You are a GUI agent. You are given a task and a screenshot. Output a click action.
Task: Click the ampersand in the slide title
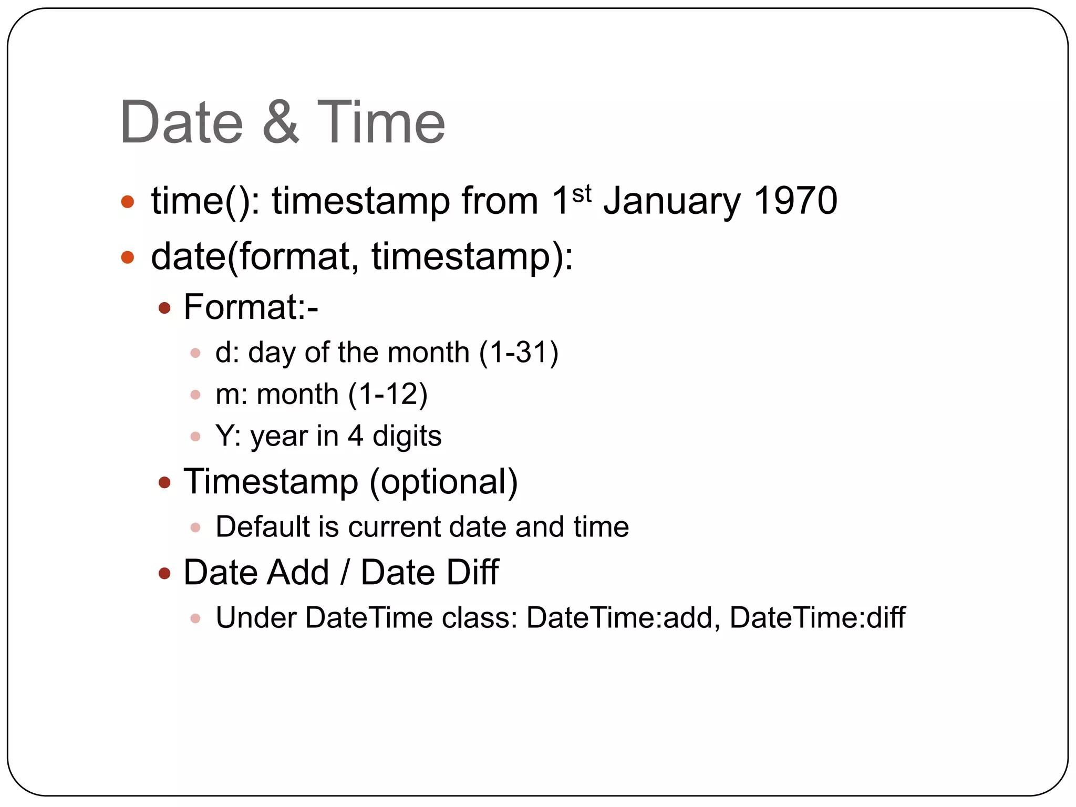[281, 122]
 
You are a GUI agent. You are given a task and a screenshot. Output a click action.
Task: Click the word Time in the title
[381, 122]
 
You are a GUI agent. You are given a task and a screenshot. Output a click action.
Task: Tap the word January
[672, 202]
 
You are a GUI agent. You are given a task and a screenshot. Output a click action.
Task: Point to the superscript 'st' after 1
[582, 194]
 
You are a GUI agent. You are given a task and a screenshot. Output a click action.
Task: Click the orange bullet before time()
[128, 202]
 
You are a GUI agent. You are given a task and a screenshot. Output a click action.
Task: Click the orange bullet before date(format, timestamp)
[128, 257]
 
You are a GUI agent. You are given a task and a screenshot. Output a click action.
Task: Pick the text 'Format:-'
[251, 307]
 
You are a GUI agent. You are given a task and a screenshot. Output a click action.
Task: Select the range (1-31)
[519, 353]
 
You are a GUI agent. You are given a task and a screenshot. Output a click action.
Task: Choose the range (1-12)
[388, 395]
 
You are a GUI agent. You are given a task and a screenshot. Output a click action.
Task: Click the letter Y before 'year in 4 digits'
[224, 436]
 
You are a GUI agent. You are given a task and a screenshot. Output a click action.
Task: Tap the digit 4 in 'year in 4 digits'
[355, 436]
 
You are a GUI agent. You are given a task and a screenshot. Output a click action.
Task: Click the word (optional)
[444, 482]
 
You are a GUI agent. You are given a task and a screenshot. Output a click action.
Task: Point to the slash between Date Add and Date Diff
[345, 572]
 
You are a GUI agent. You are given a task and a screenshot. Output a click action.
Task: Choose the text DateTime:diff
[818, 618]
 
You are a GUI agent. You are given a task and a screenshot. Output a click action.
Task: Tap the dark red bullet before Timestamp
[165, 482]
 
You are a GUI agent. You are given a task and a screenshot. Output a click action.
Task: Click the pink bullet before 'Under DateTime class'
[195, 618]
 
